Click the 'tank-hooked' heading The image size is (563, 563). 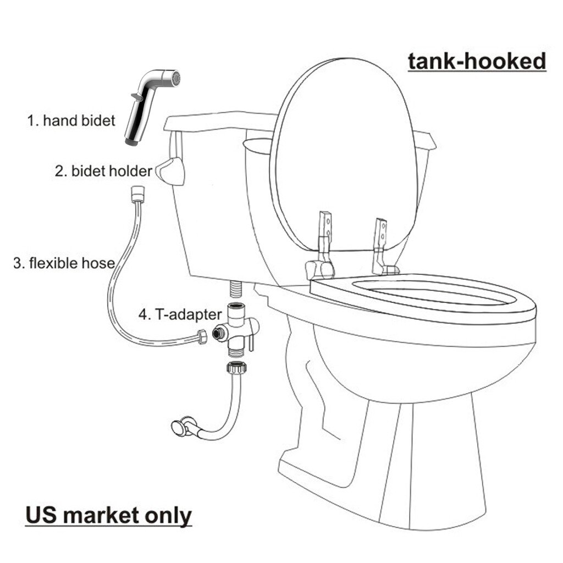coord(476,61)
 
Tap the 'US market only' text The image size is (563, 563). coord(108,515)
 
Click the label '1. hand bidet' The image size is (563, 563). coord(71,120)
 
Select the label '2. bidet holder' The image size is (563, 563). coord(103,171)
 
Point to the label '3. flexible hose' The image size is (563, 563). coord(64,263)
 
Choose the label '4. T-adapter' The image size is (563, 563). coord(180,315)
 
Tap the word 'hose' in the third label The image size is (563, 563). coord(99,263)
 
